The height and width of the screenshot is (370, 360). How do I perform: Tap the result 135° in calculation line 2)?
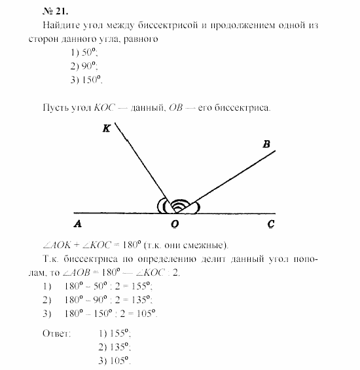139,299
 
